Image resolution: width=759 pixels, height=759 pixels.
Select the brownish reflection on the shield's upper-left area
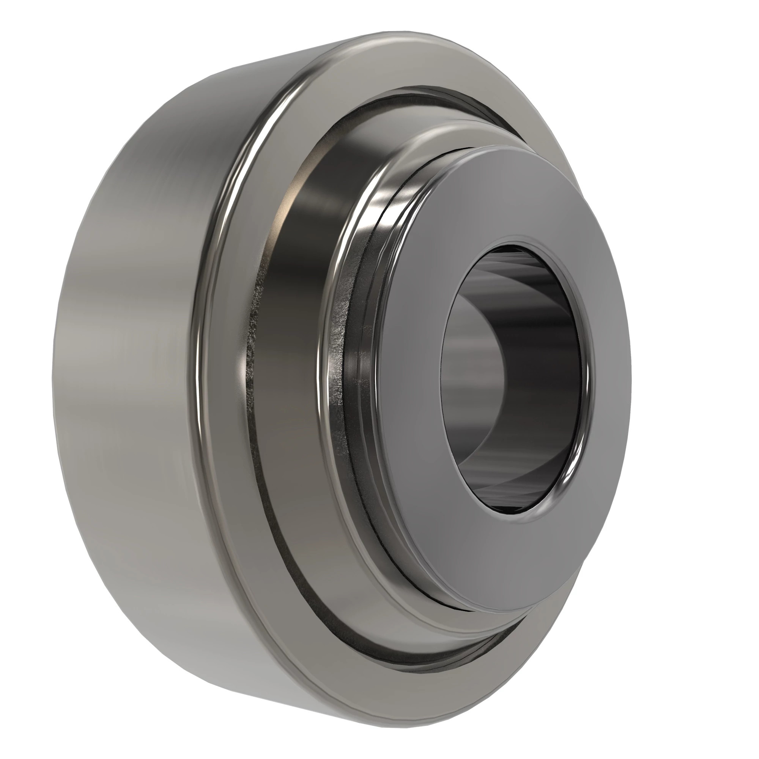[x=299, y=204]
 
